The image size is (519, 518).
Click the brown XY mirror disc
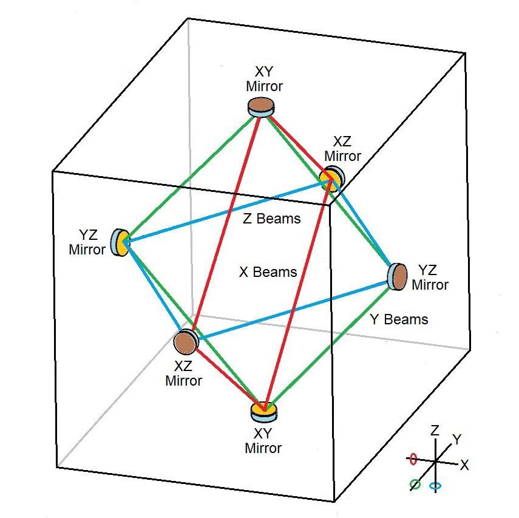pyautogui.click(x=261, y=107)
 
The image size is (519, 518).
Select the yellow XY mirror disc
pyautogui.click(x=264, y=412)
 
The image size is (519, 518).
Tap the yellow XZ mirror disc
pyautogui.click(x=332, y=179)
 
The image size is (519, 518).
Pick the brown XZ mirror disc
pyautogui.click(x=186, y=342)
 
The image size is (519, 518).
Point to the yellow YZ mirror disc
pyautogui.click(x=120, y=242)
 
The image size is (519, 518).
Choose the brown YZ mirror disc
pyautogui.click(x=397, y=277)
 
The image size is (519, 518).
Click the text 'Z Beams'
pyautogui.click(x=272, y=219)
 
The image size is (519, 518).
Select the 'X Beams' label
pyautogui.click(x=268, y=272)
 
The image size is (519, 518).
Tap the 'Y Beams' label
pyautogui.click(x=399, y=319)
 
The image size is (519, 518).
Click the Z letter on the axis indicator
pyautogui.click(x=435, y=430)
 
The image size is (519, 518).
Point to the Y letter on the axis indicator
pyautogui.click(x=456, y=440)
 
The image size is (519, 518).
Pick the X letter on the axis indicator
pyautogui.click(x=464, y=465)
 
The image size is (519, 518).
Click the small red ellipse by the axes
pyautogui.click(x=413, y=459)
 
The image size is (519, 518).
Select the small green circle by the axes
pyautogui.click(x=415, y=485)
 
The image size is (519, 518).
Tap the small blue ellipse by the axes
pyautogui.click(x=435, y=486)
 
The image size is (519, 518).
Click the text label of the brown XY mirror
pyautogui.click(x=264, y=79)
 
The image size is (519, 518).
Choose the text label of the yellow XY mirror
pyautogui.click(x=263, y=441)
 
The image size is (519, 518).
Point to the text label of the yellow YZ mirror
pyautogui.click(x=87, y=242)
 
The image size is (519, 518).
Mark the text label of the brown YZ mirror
pyautogui.click(x=430, y=278)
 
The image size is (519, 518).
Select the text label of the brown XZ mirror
pyautogui.click(x=183, y=373)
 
